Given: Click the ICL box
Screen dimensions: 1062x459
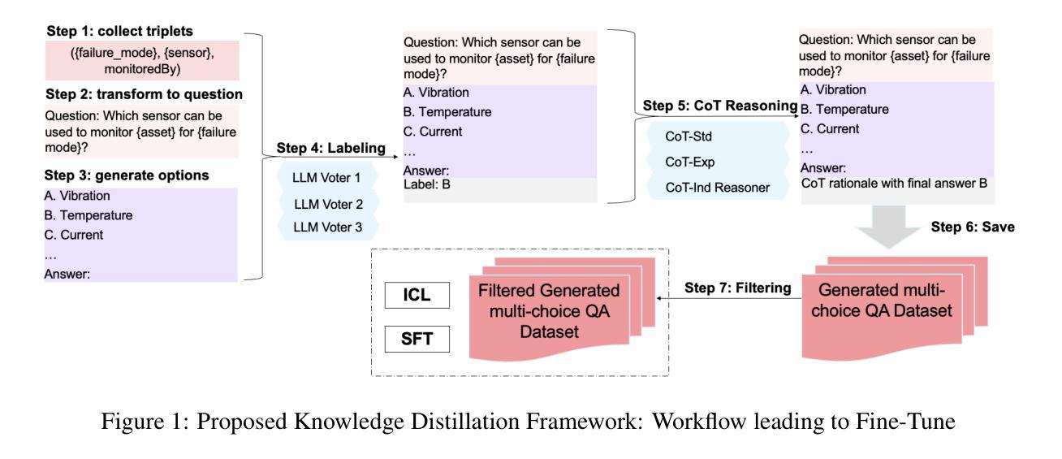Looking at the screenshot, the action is [x=417, y=295].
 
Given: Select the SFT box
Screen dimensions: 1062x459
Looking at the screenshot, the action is [x=417, y=339].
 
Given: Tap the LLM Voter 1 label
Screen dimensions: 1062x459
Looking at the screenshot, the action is [x=326, y=178].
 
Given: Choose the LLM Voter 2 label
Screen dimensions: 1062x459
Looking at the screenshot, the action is [x=328, y=205].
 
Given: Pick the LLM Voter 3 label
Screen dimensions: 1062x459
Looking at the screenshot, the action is [x=327, y=227].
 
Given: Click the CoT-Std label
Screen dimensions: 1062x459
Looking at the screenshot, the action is [x=689, y=136].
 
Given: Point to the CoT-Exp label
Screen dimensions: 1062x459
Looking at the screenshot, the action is [x=690, y=162].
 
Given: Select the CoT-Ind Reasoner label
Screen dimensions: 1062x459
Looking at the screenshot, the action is [x=717, y=188].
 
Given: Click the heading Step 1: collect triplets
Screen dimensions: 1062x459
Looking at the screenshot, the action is [x=119, y=32].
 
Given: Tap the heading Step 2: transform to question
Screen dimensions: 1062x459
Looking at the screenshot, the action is [x=145, y=94].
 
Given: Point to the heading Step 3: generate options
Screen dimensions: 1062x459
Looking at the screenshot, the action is [x=127, y=175].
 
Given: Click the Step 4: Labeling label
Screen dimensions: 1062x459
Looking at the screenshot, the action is [x=331, y=148].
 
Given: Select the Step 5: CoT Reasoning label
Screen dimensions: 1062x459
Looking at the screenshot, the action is [x=720, y=106].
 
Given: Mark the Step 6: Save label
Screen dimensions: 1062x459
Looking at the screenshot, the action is [x=973, y=227].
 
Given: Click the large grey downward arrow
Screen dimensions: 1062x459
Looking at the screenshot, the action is [x=889, y=227].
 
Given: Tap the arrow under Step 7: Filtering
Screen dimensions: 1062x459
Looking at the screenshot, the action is [x=729, y=298].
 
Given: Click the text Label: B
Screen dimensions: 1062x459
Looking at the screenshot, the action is [x=427, y=184].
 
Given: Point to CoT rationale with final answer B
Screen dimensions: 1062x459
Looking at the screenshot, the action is [x=894, y=184].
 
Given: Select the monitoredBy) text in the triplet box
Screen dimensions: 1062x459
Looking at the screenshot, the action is [x=142, y=69].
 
